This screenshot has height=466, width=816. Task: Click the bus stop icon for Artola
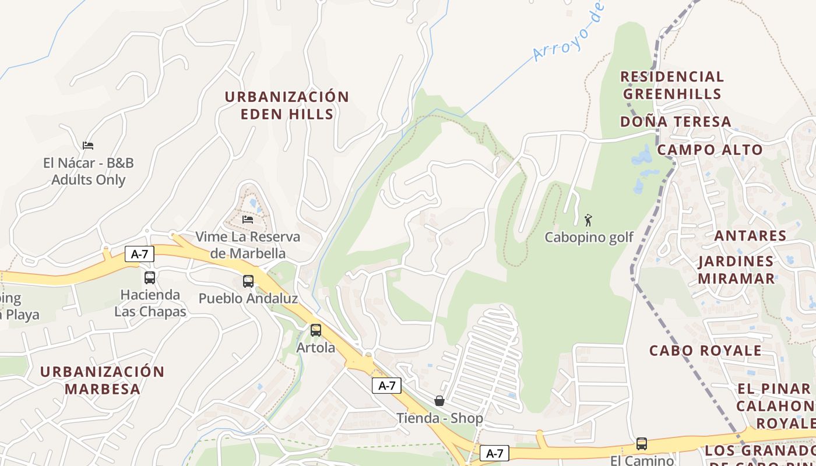(x=315, y=330)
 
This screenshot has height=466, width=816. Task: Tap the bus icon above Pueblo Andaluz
(x=248, y=281)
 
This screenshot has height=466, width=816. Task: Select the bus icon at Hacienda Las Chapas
(x=150, y=277)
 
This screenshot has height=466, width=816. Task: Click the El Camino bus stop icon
(x=642, y=444)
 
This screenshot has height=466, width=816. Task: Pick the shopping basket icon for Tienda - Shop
(x=439, y=401)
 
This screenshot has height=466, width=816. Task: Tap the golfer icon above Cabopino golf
(x=588, y=220)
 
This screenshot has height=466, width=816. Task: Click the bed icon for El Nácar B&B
(x=88, y=145)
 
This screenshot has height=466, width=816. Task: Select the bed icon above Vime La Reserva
(x=248, y=220)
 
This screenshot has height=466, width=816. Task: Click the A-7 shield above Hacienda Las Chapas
(x=139, y=254)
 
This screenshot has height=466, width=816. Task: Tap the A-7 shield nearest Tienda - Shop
(x=387, y=386)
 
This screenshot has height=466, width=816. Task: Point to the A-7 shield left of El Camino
(x=494, y=453)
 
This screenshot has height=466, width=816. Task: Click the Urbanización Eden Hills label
(x=287, y=105)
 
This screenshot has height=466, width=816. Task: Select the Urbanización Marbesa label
(x=103, y=380)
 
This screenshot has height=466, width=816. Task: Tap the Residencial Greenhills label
(x=672, y=85)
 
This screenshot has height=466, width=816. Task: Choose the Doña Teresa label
(x=676, y=122)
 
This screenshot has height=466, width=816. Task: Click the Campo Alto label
(x=710, y=150)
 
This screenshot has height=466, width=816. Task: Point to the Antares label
(x=750, y=236)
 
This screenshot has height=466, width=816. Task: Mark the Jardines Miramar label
(x=736, y=270)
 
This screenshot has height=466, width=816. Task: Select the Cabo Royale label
(x=705, y=351)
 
